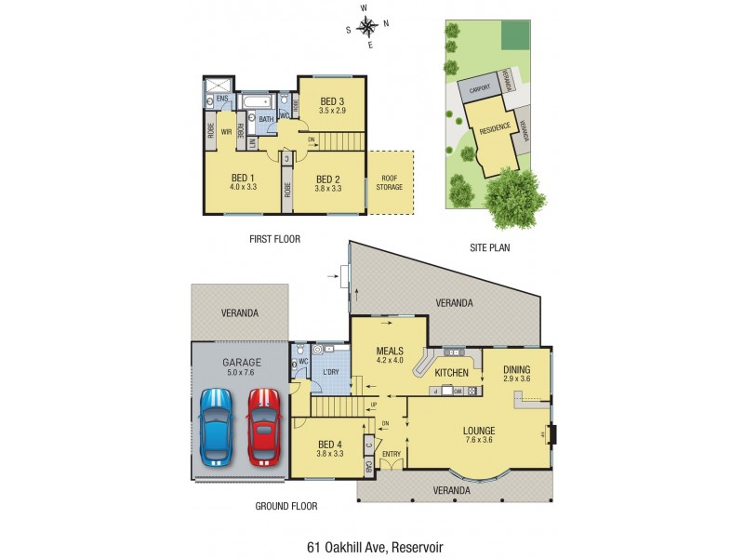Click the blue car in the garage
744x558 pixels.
click(215, 427)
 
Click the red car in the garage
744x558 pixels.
click(263, 427)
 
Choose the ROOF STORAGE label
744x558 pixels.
click(390, 182)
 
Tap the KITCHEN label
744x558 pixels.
click(451, 373)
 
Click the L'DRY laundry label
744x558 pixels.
click(330, 372)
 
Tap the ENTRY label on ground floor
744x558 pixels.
click(391, 454)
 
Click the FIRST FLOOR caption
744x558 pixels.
click(274, 239)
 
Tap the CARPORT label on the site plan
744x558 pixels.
click(479, 90)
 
